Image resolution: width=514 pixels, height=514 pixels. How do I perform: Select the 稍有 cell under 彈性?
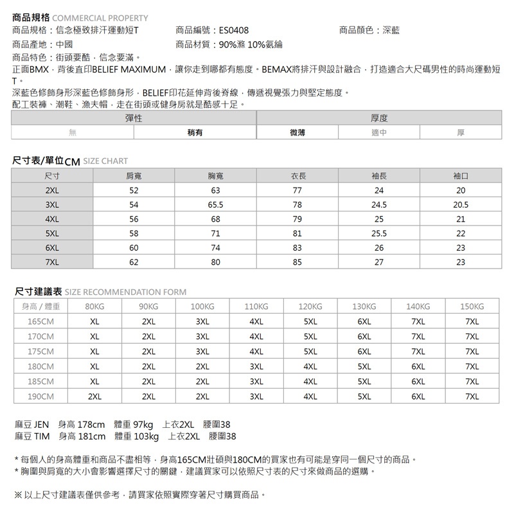point(195,133)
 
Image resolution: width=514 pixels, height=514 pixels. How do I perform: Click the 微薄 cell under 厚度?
point(297,133)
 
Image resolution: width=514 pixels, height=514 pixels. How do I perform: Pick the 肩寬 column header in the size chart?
point(134,175)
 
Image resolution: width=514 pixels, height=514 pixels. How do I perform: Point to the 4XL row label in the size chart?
point(52,219)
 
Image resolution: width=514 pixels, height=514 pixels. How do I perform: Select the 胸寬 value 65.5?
point(215,205)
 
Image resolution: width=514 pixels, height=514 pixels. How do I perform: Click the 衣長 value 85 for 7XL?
point(297,262)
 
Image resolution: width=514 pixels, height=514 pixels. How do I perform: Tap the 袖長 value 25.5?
point(378,233)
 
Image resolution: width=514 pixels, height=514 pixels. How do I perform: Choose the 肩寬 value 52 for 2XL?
point(134,191)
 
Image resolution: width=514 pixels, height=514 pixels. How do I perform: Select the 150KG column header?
point(472,306)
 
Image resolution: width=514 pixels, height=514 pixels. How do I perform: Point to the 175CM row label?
point(40,351)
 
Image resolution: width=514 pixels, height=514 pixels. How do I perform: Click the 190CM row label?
point(40,396)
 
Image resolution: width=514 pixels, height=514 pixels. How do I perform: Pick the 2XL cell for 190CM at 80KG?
point(94,396)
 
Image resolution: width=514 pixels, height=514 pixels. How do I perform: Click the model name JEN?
point(41,425)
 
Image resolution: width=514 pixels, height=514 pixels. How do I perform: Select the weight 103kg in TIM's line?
point(146,437)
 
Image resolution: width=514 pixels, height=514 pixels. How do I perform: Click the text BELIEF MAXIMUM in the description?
point(130,69)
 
